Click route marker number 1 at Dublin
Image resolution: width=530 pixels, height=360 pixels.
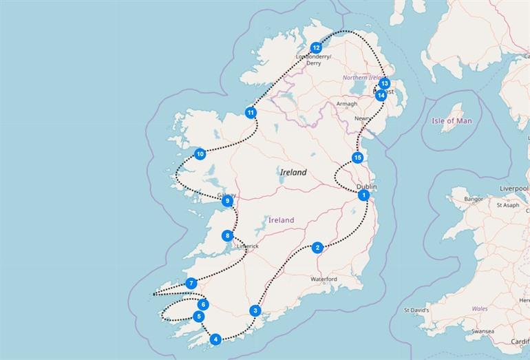[363, 195]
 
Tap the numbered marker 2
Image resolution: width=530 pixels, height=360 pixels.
[317, 248]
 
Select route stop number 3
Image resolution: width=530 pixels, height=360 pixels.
[255, 310]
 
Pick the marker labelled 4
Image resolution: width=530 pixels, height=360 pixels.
[216, 339]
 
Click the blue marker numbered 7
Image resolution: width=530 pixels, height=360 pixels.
[191, 283]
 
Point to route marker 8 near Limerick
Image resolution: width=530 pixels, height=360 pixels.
[227, 236]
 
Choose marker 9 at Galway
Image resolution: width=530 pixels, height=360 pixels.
[226, 201]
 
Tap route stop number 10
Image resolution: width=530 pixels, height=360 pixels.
[200, 153]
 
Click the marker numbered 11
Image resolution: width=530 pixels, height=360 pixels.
[251, 112]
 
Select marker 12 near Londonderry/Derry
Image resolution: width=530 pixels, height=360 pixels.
[316, 47]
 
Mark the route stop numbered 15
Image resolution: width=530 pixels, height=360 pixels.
[357, 158]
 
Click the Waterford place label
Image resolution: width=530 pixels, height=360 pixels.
[324, 279]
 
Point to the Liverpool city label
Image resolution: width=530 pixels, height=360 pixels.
[513, 187]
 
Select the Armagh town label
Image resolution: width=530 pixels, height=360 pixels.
[347, 104]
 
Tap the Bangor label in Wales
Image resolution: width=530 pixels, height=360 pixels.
[474, 199]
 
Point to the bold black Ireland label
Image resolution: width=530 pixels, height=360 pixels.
[293, 173]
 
